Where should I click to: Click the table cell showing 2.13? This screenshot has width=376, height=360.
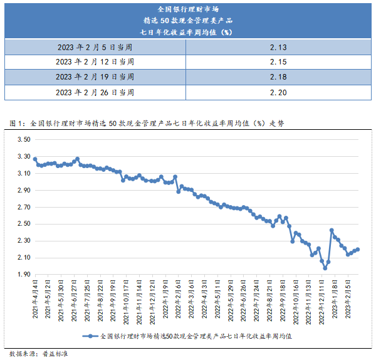tap(278, 47)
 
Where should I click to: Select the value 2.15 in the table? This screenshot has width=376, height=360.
tap(278, 62)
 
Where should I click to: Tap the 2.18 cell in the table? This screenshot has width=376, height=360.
tap(278, 77)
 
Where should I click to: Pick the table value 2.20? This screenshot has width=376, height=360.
tap(278, 92)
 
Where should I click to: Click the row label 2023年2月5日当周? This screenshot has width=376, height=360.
tap(95, 47)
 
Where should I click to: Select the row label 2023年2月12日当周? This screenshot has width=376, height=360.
tap(95, 62)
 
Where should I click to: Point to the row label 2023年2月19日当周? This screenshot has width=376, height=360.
tap(95, 77)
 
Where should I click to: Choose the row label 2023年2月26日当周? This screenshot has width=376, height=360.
tap(95, 92)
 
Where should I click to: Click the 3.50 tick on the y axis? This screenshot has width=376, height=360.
tap(23, 139)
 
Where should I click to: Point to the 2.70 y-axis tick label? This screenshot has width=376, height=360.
tap(23, 207)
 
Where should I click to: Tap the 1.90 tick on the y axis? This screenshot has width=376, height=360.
tap(23, 275)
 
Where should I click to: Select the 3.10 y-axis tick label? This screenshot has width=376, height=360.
tap(23, 173)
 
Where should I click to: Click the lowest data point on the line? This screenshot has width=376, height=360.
tap(325, 268)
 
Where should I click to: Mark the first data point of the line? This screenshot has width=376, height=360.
tap(35, 159)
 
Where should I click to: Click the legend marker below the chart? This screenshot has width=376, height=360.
tap(91, 336)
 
